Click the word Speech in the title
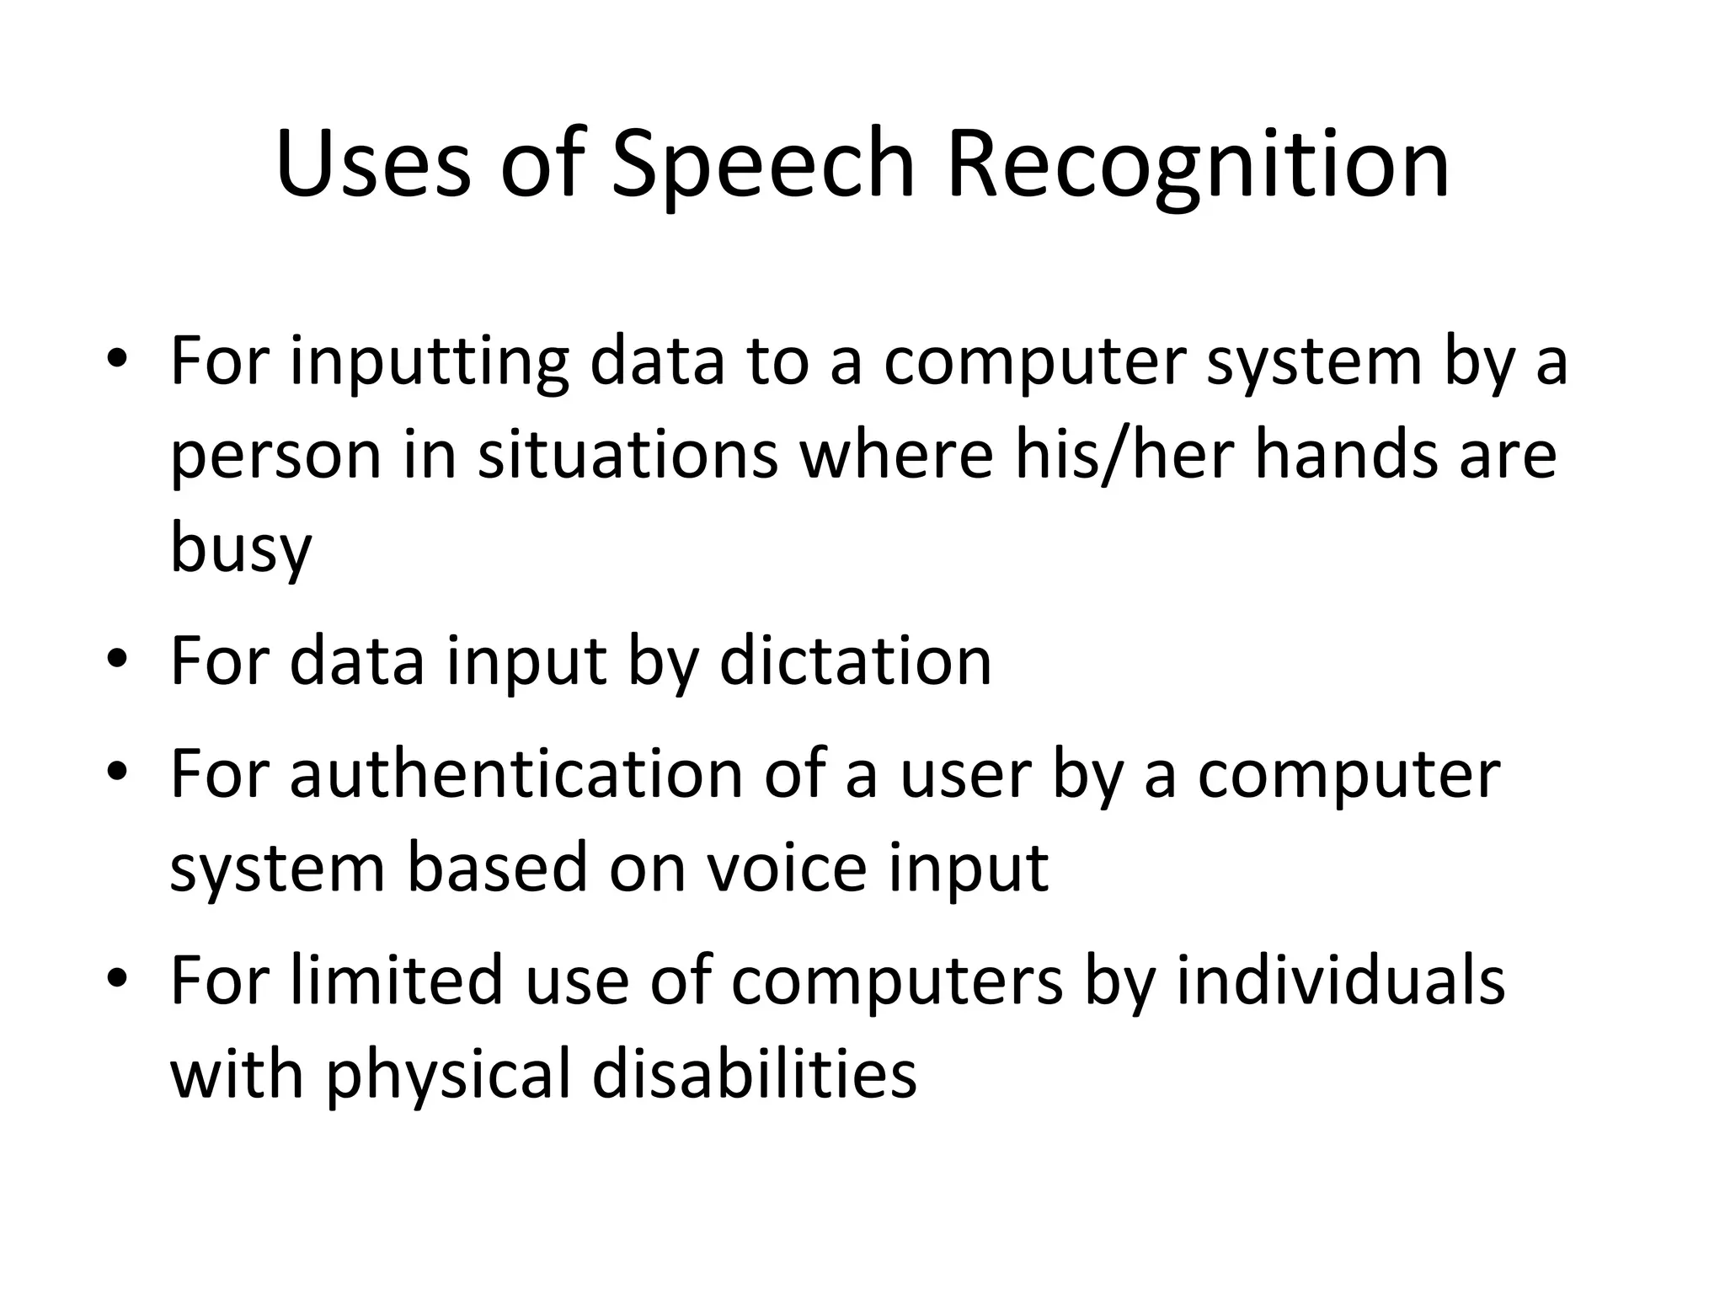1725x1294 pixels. click(762, 164)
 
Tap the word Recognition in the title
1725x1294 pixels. click(1198, 164)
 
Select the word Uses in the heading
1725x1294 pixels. click(372, 164)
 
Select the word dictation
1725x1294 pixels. click(856, 662)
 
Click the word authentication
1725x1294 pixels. click(515, 774)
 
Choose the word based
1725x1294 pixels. click(497, 869)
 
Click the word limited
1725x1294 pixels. click(397, 981)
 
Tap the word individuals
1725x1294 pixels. click(1340, 981)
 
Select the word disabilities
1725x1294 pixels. click(754, 1076)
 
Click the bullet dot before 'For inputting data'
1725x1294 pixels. click(116, 359)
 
